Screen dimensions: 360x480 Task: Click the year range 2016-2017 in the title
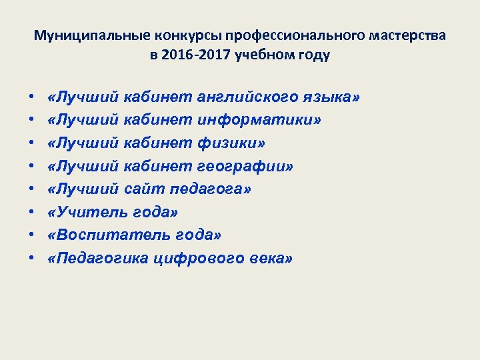197,55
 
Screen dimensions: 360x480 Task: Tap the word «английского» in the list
241,97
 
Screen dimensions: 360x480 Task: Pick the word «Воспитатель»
97,235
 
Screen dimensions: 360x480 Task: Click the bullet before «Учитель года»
32,213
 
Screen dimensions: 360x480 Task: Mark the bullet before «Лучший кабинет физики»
32,143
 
